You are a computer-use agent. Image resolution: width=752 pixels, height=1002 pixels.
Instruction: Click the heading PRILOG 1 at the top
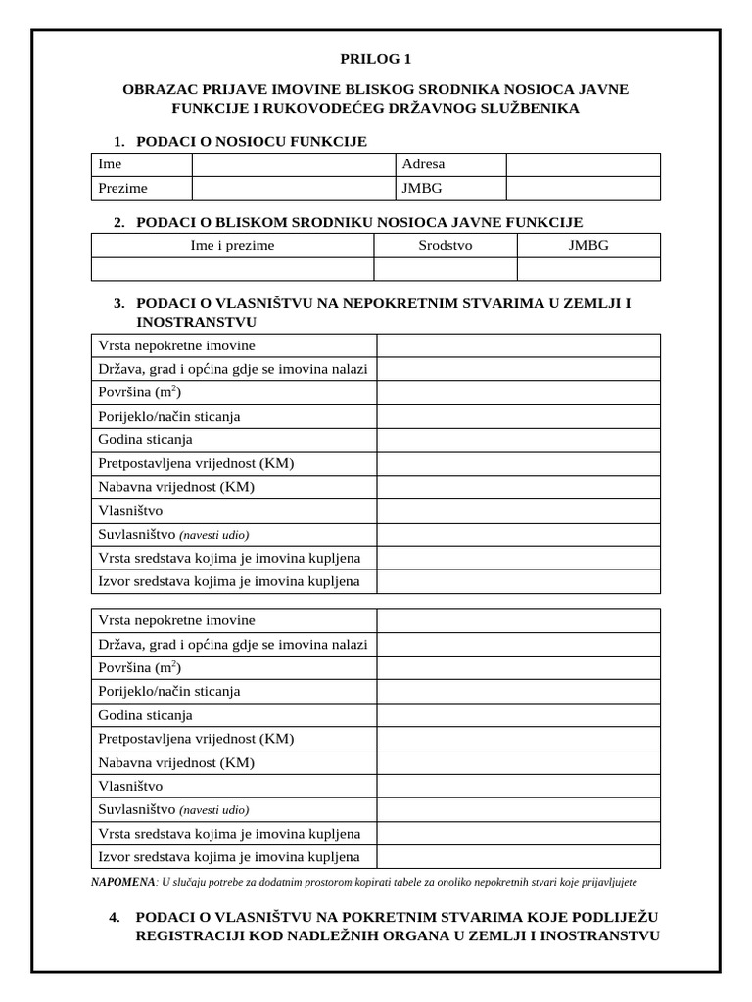click(376, 59)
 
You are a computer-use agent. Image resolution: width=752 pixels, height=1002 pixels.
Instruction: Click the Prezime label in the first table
click(122, 188)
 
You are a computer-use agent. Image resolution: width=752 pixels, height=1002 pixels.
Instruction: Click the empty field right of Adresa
click(583, 164)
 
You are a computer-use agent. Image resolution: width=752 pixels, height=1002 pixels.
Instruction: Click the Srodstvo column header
click(445, 245)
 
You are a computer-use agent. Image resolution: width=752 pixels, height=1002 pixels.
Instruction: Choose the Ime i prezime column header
click(232, 245)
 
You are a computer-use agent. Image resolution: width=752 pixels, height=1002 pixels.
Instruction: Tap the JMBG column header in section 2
click(588, 245)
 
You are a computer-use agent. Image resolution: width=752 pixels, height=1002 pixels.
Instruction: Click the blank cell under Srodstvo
click(445, 269)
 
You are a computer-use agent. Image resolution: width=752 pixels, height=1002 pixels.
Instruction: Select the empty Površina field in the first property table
click(518, 392)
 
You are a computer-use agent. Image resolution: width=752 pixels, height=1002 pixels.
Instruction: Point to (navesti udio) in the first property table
click(214, 535)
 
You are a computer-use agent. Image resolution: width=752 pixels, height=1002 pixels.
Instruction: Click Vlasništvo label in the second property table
click(130, 786)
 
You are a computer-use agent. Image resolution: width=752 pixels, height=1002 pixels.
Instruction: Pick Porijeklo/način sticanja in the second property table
click(169, 691)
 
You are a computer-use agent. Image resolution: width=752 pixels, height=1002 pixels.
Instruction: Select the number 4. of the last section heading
click(116, 917)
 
